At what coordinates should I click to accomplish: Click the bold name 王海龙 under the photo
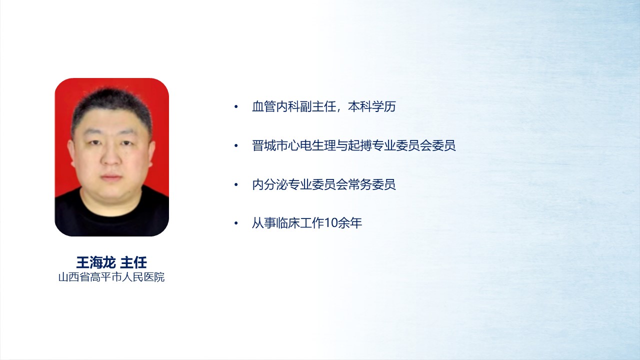click(x=95, y=262)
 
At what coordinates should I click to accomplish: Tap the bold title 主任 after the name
click(x=133, y=262)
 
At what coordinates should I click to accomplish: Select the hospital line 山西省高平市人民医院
click(x=111, y=277)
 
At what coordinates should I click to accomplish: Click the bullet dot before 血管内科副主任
click(x=236, y=107)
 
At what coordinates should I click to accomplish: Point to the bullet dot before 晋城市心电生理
click(x=236, y=145)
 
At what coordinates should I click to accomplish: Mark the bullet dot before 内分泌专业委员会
click(x=236, y=184)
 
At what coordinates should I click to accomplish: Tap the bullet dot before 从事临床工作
click(x=236, y=223)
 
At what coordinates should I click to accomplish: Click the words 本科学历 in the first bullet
click(x=371, y=106)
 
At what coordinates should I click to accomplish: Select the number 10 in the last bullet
click(x=331, y=223)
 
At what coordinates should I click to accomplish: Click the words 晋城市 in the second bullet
click(x=269, y=145)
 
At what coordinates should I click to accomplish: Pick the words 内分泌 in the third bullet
click(x=269, y=184)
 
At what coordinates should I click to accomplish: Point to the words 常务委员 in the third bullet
click(x=371, y=184)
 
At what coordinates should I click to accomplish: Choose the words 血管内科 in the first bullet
click(x=275, y=106)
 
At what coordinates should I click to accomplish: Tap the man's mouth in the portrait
click(x=111, y=177)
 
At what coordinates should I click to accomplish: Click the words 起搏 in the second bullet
click(x=359, y=145)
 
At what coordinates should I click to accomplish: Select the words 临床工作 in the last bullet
click(x=299, y=223)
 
